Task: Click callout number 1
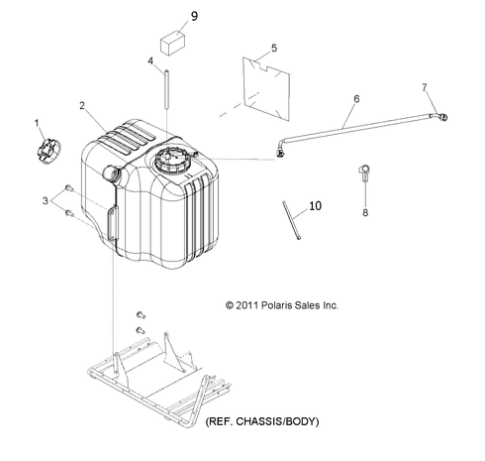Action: coord(37,124)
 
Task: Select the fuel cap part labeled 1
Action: coord(48,152)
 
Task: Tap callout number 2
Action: coord(82,106)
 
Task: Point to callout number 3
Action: coord(46,200)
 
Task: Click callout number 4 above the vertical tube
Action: coord(150,61)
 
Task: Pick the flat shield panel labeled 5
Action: coord(266,88)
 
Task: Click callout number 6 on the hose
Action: coord(356,99)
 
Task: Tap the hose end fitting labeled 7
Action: coord(439,117)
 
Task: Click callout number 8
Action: coord(365,213)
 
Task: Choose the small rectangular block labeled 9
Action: coord(172,43)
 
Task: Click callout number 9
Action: coord(194,16)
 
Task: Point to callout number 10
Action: coord(315,206)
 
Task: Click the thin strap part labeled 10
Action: coord(292,220)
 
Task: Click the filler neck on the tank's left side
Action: coord(112,173)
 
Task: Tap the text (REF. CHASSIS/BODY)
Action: coord(262,421)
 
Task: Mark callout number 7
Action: coord(425,87)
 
